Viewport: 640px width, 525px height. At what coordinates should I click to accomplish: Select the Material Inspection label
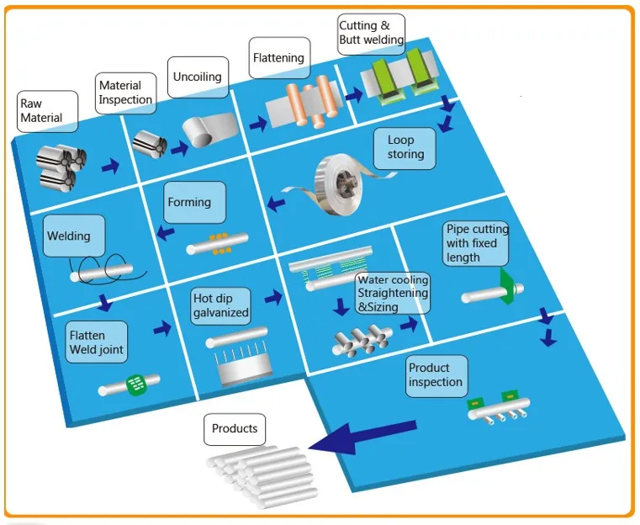pyautogui.click(x=126, y=93)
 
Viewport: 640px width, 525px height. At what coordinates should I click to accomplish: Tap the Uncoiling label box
pyautogui.click(x=198, y=77)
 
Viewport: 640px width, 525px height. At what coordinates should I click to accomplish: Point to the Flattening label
pyautogui.click(x=278, y=59)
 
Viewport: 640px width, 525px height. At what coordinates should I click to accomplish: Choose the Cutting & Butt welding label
pyautogui.click(x=371, y=33)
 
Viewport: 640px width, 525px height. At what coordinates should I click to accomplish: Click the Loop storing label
pyautogui.click(x=412, y=148)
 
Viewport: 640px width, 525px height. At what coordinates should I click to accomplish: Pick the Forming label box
pyautogui.click(x=194, y=203)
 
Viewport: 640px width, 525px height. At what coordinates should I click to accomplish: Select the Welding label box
pyautogui.click(x=74, y=236)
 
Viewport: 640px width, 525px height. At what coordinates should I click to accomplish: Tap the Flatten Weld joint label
pyautogui.click(x=97, y=342)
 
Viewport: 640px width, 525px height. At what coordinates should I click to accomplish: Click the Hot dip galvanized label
pyautogui.click(x=222, y=305)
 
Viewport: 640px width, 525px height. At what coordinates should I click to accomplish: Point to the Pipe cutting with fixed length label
pyautogui.click(x=477, y=243)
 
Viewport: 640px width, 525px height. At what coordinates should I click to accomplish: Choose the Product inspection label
pyautogui.click(x=436, y=375)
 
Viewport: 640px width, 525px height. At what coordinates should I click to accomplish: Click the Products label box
pyautogui.click(x=235, y=429)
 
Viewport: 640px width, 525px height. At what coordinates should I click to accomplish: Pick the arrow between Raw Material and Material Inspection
pyautogui.click(x=110, y=167)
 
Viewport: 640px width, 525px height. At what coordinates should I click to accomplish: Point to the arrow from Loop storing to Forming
pyautogui.click(x=276, y=200)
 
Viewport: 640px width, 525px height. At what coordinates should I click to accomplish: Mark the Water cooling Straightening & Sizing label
pyautogui.click(x=393, y=294)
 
